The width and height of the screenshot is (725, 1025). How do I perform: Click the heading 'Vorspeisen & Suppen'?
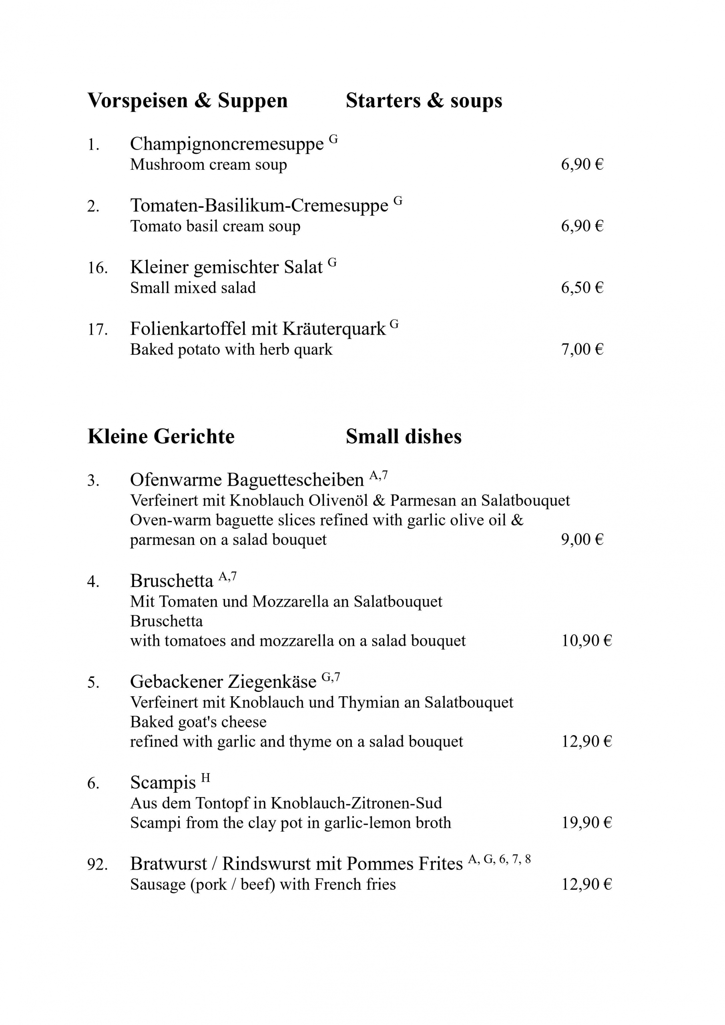click(x=187, y=100)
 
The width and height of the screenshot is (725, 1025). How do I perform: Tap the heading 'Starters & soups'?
click(x=424, y=100)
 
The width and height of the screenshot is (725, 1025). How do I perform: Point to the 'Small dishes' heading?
click(x=404, y=436)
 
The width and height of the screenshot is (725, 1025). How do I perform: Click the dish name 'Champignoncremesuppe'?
click(x=226, y=144)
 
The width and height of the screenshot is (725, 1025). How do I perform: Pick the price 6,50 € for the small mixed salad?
click(x=582, y=287)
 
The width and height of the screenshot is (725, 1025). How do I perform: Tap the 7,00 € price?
click(x=582, y=349)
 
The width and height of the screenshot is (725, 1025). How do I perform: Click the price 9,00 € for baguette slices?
click(x=582, y=539)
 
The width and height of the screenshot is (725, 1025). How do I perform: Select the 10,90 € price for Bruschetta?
click(x=586, y=641)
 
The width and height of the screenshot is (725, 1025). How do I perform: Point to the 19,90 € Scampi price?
click(x=586, y=822)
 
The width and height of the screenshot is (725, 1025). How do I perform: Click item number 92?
click(x=97, y=864)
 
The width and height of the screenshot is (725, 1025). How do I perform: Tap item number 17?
click(x=97, y=330)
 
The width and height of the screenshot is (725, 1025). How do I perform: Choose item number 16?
click(x=97, y=268)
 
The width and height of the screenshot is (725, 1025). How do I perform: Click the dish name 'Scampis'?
click(x=163, y=783)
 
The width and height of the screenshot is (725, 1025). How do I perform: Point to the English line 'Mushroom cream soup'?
click(x=208, y=164)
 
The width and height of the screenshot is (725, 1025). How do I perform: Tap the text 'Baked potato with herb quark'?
click(x=231, y=349)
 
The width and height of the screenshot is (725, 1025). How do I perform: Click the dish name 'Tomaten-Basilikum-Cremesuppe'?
click(x=259, y=205)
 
